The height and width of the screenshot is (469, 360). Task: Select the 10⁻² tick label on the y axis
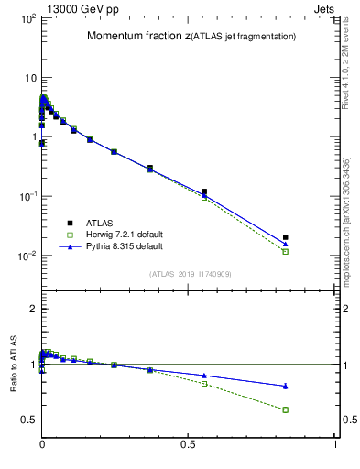[25, 256]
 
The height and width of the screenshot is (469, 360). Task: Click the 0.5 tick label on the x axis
[189, 444]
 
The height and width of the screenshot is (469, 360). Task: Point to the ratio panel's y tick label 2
[32, 309]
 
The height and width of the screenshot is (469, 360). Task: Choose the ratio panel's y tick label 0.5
[27, 420]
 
